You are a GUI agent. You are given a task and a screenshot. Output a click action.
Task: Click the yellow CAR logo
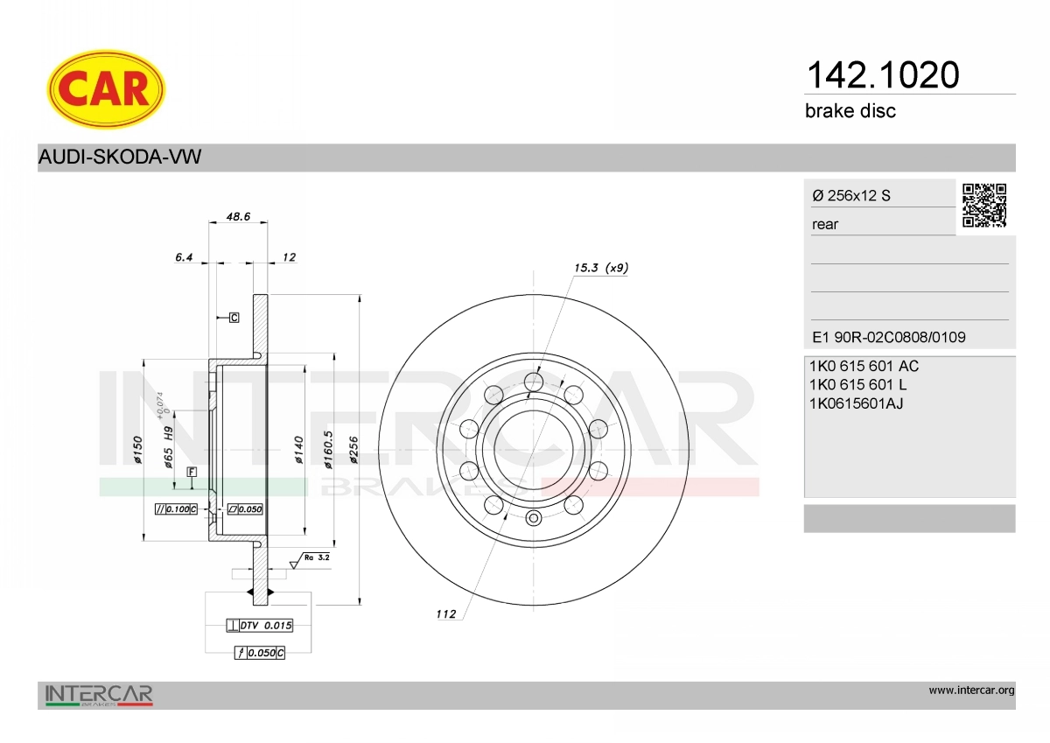[x=106, y=89]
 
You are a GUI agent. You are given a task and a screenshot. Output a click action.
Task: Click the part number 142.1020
[x=883, y=75]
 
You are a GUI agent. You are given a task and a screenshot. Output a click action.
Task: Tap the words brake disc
[x=850, y=111]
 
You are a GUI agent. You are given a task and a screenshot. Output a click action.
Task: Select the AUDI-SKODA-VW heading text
[x=120, y=157]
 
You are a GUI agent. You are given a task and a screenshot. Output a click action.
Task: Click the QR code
[x=984, y=206]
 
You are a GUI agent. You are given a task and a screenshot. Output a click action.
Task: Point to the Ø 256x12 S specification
[x=851, y=195]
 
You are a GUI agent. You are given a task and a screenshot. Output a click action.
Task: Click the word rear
[x=825, y=225]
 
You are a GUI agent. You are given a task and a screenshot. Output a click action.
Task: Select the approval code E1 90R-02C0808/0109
[x=889, y=337]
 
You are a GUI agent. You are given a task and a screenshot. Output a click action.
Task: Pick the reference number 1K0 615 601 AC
[x=864, y=366]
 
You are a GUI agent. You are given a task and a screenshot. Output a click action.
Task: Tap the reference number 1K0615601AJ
[x=856, y=403]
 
